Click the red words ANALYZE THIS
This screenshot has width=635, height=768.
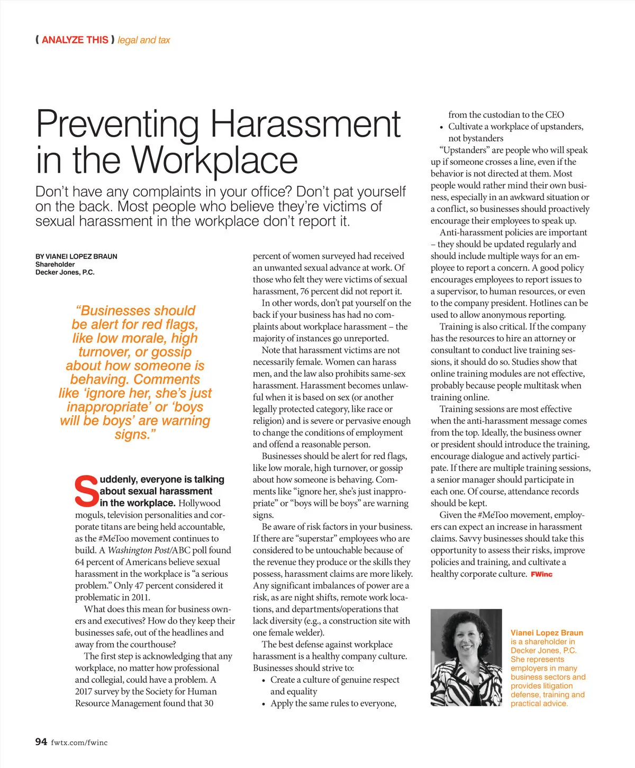75,40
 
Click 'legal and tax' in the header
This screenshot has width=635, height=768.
144,40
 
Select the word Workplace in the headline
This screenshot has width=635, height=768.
214,160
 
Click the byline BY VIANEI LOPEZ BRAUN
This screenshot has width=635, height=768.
76,256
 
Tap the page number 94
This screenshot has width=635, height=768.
41,742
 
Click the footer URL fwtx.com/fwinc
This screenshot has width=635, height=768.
79,743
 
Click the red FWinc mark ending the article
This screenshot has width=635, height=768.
541,574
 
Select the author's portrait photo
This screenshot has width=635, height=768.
466,658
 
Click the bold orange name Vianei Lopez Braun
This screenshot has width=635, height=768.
547,633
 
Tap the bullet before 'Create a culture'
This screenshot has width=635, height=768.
264,680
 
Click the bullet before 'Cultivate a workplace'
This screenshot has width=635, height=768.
441,127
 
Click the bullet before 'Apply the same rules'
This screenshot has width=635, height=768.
264,704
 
